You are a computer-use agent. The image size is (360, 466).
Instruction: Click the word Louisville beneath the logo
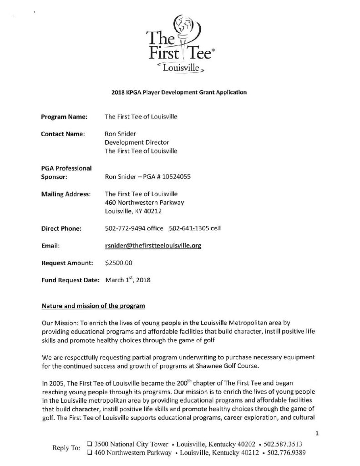pos(179,69)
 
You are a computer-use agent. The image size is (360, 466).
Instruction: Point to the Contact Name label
pos(61,134)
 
